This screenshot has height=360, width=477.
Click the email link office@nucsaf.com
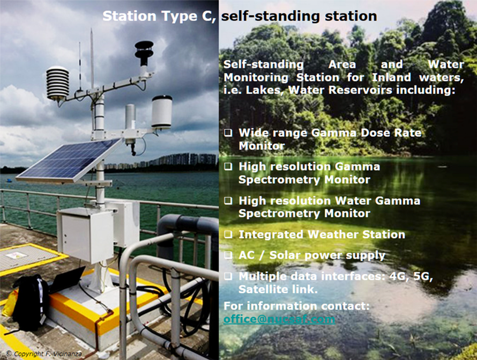click(279, 319)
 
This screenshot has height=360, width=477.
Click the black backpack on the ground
click(31, 303)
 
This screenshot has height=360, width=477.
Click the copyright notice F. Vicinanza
click(44, 354)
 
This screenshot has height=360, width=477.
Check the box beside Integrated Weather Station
click(228, 234)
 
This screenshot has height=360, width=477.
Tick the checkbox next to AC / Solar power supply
click(228, 255)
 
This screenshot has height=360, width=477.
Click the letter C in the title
click(207, 16)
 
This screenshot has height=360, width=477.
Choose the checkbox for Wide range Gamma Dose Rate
click(228, 133)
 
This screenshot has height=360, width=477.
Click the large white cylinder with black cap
click(162, 112)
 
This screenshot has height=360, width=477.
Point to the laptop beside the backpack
click(68, 280)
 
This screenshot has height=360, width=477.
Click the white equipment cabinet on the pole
click(87, 234)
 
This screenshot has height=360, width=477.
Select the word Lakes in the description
click(264, 90)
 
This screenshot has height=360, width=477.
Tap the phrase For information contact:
click(296, 306)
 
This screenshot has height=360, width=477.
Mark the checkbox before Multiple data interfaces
click(228, 276)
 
